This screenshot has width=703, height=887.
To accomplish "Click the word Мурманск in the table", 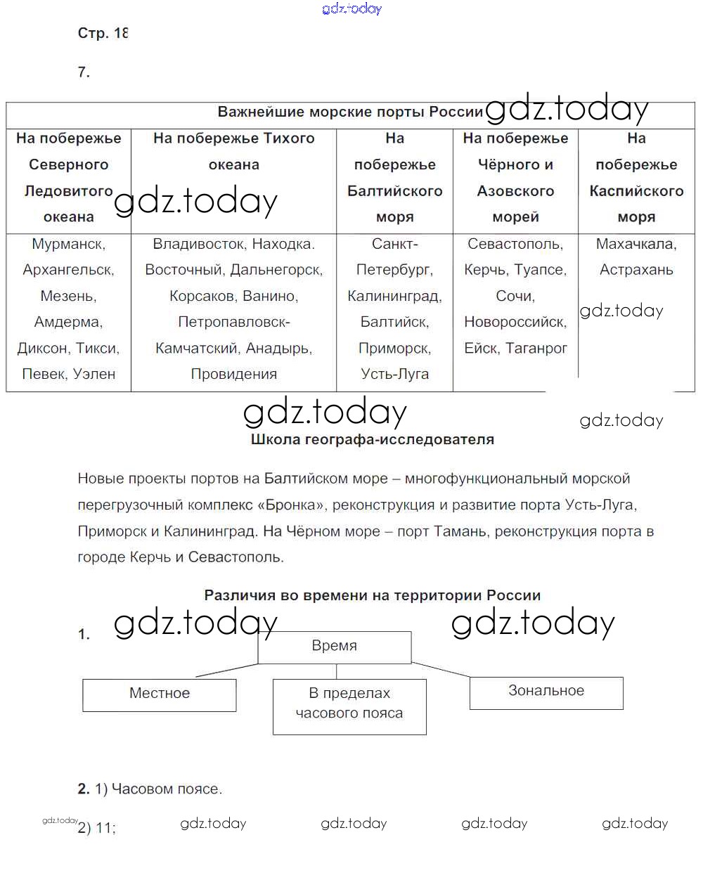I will [x=67, y=244].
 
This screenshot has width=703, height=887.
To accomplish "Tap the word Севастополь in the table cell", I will [x=515, y=244].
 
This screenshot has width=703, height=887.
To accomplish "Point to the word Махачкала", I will [x=636, y=244].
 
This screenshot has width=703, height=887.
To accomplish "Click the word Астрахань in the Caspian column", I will [x=636, y=270].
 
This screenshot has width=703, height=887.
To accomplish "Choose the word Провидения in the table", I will [x=233, y=374].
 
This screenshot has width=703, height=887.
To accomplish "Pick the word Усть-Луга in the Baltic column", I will [x=394, y=374].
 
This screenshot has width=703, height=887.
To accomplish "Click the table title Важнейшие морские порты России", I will [x=349, y=112].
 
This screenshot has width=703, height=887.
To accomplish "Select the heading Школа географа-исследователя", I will [x=372, y=439].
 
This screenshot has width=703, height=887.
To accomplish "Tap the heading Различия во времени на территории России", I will [x=372, y=595].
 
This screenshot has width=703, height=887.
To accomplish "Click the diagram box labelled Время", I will [x=334, y=647].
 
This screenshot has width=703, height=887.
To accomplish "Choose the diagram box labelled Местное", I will [x=159, y=694].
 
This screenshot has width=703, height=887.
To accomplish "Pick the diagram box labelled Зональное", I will [x=546, y=692].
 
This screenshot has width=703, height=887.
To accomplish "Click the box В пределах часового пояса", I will [x=349, y=705].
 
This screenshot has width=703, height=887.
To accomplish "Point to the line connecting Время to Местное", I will [x=226, y=670].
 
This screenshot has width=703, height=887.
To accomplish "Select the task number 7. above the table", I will [x=84, y=72].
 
